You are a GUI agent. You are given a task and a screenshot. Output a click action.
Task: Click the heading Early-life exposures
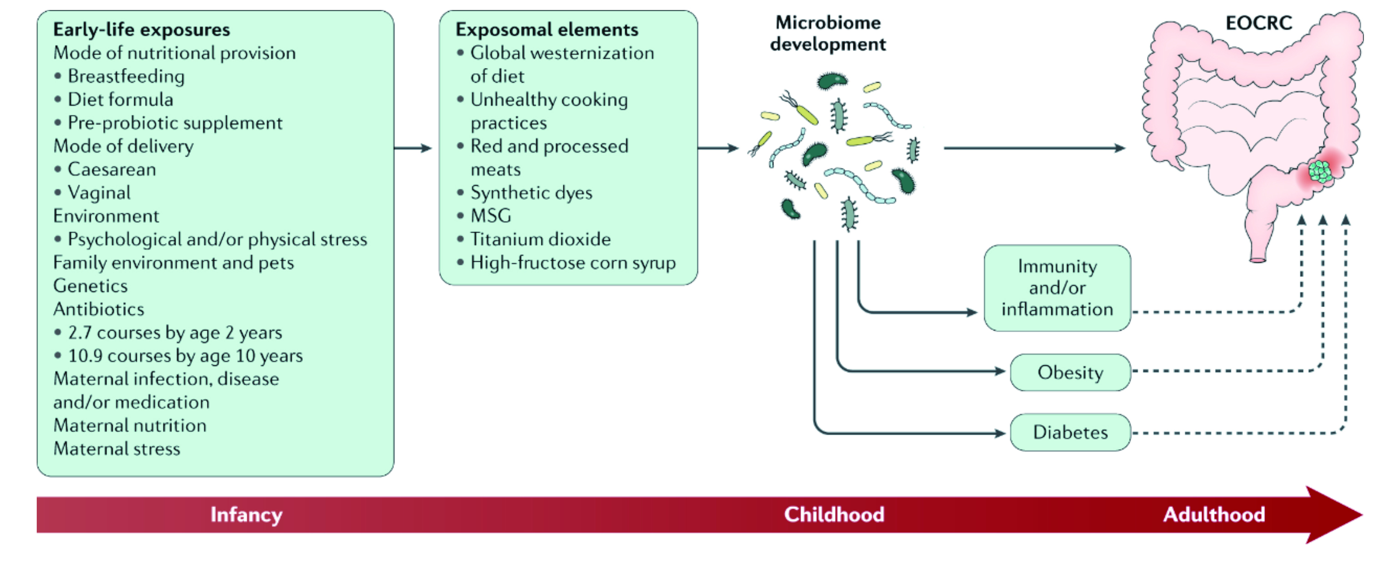[142, 30]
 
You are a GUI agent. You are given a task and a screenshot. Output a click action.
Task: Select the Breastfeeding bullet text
[126, 76]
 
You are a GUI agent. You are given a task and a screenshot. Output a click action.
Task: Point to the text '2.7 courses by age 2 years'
[175, 333]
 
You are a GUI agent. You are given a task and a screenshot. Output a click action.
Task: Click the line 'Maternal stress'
[117, 448]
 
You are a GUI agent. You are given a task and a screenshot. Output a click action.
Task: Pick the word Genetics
[90, 285]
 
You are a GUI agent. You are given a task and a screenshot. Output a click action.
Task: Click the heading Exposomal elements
[547, 30]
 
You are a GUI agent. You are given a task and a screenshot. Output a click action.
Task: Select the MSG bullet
[491, 216]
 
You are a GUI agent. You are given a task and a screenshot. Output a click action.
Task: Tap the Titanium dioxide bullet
[540, 239]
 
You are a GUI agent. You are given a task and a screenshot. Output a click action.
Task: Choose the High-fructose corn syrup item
[573, 263]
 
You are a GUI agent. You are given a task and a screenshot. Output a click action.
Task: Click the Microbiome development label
[828, 33]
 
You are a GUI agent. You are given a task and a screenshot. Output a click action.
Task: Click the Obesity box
[1070, 372]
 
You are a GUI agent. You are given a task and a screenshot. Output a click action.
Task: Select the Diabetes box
[1070, 432]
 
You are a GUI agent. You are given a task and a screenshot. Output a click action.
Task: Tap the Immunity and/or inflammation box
[1057, 288]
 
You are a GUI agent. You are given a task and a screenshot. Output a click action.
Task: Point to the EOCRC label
[1259, 23]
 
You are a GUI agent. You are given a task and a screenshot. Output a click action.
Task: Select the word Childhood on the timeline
[834, 514]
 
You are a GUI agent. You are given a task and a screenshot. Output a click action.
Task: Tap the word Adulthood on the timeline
[1214, 514]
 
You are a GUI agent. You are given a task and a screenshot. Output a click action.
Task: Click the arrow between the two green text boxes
[413, 148]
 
